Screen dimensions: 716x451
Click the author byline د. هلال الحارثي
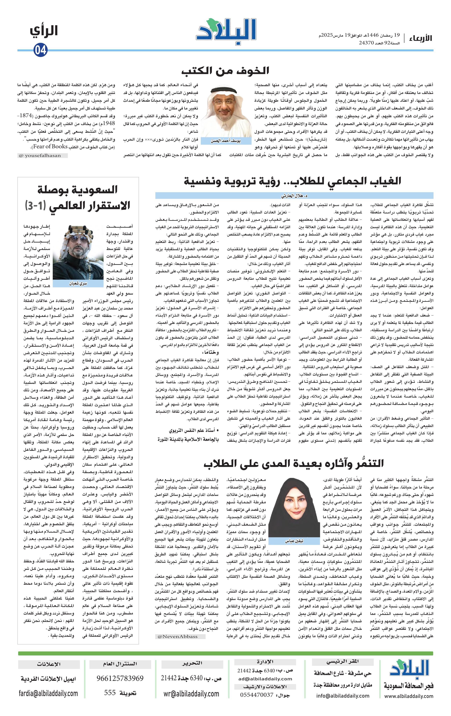[x=294, y=196]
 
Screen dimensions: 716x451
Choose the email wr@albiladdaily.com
[x=192, y=693]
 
